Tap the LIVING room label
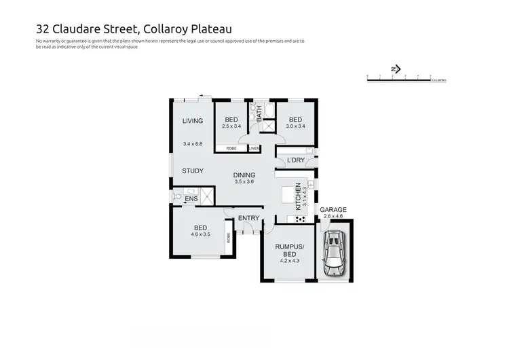point(193,121)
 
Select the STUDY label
point(193,170)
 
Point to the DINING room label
point(244,175)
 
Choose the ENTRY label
point(249,218)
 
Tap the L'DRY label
point(295,160)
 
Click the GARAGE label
point(333,210)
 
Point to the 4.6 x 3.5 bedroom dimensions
point(200,235)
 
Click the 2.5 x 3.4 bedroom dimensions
point(231,126)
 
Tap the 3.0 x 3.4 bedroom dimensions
point(295,126)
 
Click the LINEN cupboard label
point(254,147)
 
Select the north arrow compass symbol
point(396,69)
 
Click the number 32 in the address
point(43,29)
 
